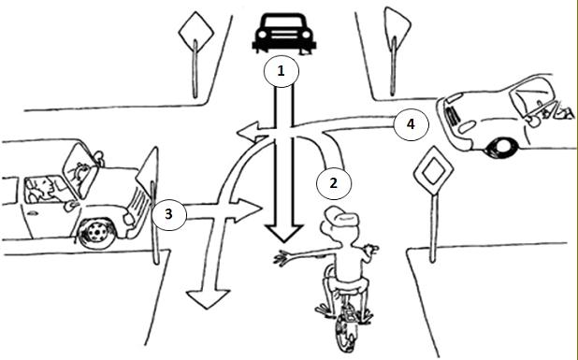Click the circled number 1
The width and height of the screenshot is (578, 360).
[x=282, y=71]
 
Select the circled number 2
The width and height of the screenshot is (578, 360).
[x=334, y=183]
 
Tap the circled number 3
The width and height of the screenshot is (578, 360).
[x=169, y=214]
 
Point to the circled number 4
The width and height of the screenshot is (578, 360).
[x=411, y=124]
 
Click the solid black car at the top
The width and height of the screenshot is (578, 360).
[x=283, y=34]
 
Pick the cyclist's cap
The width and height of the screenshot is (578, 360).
[x=341, y=216]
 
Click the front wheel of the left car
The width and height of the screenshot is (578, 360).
[x=97, y=233]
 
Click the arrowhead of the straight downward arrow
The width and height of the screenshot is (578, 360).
[x=284, y=233]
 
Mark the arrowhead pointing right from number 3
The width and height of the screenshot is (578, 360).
[x=246, y=210]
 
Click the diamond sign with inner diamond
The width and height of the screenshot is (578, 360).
[x=434, y=170]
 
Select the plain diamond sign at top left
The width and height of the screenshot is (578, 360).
[x=196, y=33]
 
